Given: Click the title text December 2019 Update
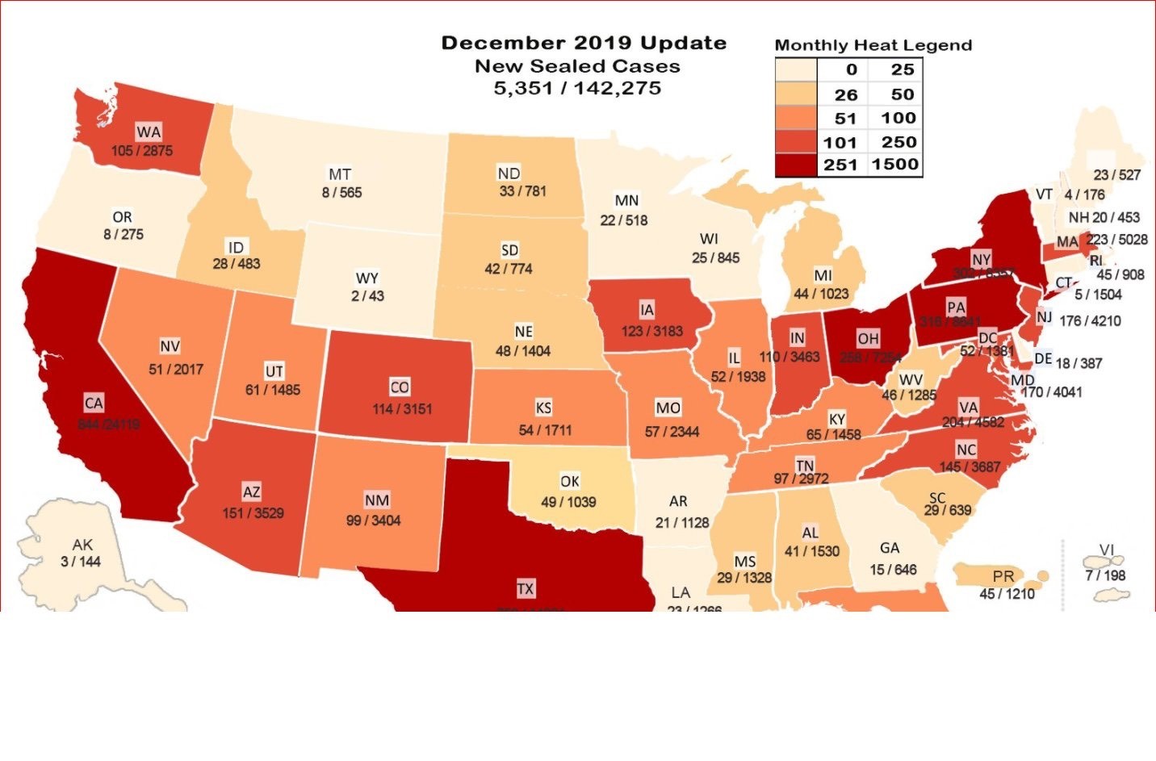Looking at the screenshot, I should [x=584, y=44].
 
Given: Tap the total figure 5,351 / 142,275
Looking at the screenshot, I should [x=577, y=88].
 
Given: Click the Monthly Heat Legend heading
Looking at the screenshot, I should [x=873, y=45].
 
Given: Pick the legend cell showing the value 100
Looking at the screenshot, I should [x=898, y=118].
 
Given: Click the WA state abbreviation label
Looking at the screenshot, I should [x=149, y=132].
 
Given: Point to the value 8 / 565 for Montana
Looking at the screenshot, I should [x=341, y=193].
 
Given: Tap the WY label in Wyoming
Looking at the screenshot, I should [x=366, y=278].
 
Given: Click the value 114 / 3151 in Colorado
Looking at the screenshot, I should [x=401, y=409].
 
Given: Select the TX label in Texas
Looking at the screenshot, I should [x=526, y=589].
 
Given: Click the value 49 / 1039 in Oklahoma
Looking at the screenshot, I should [x=568, y=502].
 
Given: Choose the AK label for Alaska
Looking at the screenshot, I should [x=82, y=545].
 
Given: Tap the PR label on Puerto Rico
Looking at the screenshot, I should [x=1003, y=577].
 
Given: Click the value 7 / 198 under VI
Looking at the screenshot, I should [x=1105, y=575].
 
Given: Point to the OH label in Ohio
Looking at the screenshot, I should [x=868, y=339].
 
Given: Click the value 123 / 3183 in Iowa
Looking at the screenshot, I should [x=651, y=331].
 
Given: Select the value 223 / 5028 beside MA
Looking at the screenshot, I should [x=1116, y=240].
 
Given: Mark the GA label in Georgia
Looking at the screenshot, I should [x=890, y=548].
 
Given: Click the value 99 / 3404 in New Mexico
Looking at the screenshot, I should [x=373, y=521].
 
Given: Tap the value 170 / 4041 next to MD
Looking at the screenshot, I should [x=1051, y=392].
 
